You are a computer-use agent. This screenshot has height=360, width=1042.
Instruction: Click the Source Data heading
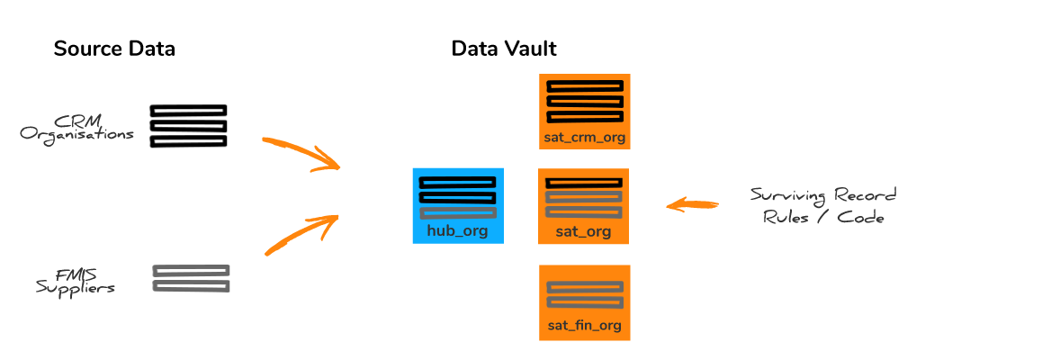[114, 49]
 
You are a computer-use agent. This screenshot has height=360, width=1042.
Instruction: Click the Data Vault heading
[504, 49]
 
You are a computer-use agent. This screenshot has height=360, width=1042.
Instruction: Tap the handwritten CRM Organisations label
[77, 127]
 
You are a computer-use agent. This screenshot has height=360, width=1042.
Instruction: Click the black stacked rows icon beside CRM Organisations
[189, 126]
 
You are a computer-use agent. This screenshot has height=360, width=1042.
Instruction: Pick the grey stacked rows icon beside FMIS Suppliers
[192, 278]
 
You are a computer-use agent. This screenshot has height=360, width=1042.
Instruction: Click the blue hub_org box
[458, 206]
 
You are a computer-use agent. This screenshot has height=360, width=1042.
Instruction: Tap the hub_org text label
[458, 231]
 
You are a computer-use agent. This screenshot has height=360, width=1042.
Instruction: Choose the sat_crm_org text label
[584, 139]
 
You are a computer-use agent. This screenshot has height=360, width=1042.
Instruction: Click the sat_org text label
[583, 232]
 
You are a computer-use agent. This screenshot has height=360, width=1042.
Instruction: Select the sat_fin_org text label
[584, 326]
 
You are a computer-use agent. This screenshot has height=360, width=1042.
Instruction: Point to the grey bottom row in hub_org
[458, 212]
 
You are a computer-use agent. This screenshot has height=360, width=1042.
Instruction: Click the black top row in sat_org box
[583, 182]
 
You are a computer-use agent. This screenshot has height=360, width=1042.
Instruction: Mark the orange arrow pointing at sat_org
[692, 204]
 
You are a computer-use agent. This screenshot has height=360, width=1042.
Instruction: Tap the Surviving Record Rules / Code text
[824, 206]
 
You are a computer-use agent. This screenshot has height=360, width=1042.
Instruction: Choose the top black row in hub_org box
[458, 182]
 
